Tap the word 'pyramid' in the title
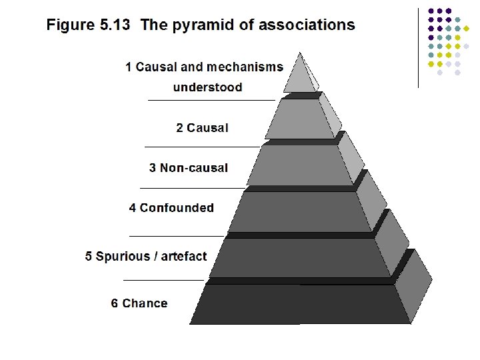coord(196,25)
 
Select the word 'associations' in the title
coord(307,25)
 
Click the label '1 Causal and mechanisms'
coord(204,67)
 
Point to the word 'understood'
coord(207,87)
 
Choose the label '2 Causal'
coord(202,128)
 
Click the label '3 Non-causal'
coord(188,168)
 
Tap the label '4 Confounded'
coord(171,208)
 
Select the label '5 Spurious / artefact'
coord(146,257)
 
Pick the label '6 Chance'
coord(139,303)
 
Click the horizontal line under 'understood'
coord(211,100)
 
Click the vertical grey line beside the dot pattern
coord(418,47)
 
